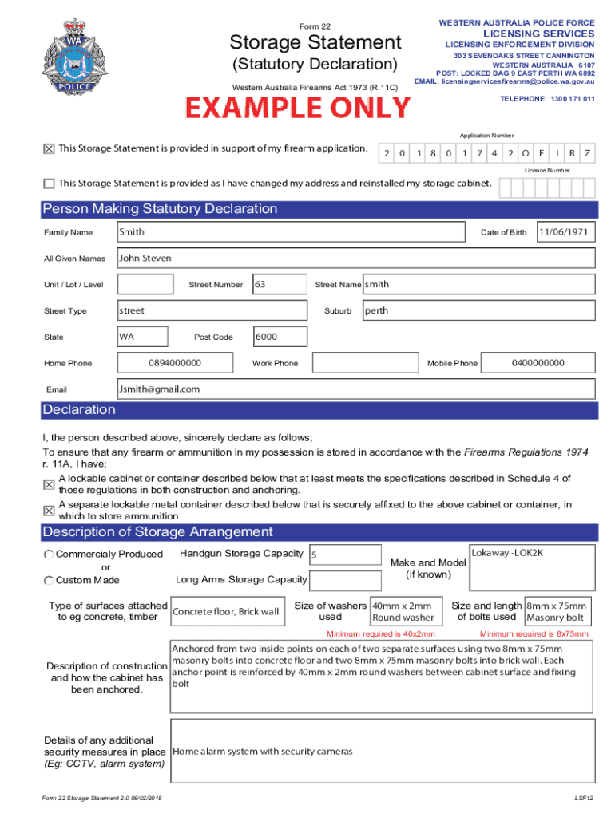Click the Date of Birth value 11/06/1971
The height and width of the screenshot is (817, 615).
[x=565, y=232]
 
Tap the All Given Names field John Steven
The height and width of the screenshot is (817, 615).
[x=355, y=259]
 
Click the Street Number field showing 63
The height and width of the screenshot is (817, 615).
[x=279, y=284]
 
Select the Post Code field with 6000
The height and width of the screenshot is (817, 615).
[x=280, y=337]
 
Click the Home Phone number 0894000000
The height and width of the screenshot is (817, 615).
[x=175, y=363]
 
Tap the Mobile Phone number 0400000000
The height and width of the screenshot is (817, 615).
[x=538, y=363]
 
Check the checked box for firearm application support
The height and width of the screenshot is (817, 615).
[x=50, y=148]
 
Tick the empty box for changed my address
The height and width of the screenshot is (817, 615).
[x=50, y=184]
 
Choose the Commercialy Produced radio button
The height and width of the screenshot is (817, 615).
[x=50, y=555]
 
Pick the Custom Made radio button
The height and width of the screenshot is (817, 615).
[x=50, y=580]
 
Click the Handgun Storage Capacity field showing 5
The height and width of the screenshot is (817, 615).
[x=344, y=555]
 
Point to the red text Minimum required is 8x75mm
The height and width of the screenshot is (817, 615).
[x=534, y=634]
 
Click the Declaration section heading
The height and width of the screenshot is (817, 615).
[x=79, y=410]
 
